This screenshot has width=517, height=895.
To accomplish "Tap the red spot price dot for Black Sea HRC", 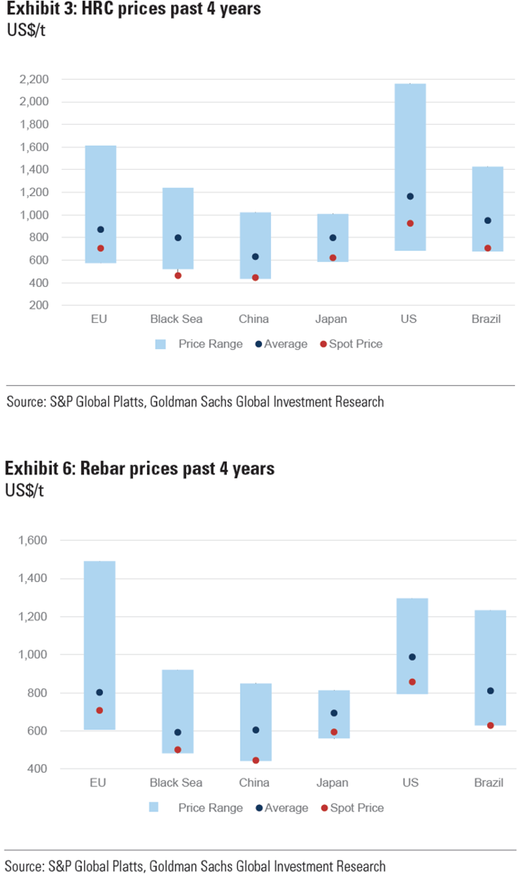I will (x=178, y=275).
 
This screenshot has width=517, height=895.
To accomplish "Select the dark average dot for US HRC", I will (x=410, y=196).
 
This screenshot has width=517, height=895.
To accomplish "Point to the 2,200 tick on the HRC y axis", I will (x=34, y=79).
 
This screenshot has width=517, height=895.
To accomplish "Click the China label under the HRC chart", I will (x=254, y=319).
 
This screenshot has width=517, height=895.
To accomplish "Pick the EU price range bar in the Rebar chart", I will (x=99, y=627).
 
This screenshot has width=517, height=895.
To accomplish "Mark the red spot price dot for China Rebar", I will (x=256, y=760).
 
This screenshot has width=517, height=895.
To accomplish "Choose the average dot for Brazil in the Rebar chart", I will (x=490, y=691).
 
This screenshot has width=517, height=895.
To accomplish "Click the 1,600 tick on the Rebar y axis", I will (x=33, y=540).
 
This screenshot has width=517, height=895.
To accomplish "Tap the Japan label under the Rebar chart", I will (x=332, y=783).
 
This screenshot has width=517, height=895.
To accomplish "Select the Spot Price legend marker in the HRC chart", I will (x=323, y=344).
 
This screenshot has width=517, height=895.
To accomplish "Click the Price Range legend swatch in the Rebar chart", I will (x=154, y=807).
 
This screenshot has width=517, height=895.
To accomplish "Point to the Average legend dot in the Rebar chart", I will (x=259, y=808).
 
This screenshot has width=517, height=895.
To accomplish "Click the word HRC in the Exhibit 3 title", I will (x=98, y=9).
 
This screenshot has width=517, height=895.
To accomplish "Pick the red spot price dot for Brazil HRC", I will (x=488, y=248).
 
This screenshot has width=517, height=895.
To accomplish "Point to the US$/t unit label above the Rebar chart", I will (x=25, y=491).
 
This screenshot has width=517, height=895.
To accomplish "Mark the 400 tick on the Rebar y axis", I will (x=37, y=769).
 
